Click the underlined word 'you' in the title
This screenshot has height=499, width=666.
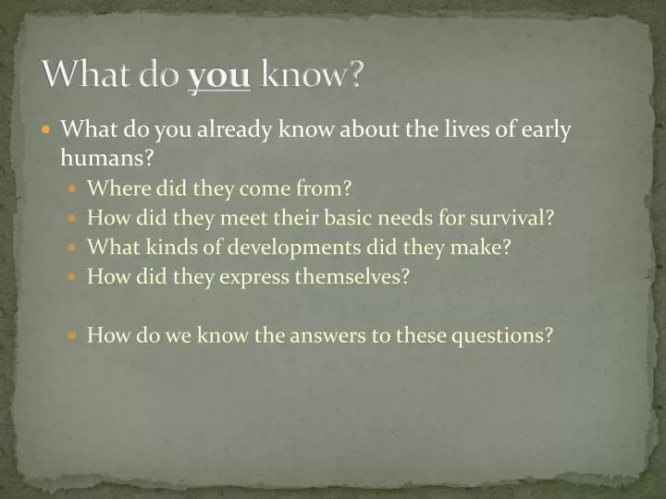click(219, 76)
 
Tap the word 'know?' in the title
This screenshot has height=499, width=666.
click(312, 76)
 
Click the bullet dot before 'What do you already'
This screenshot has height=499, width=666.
click(49, 130)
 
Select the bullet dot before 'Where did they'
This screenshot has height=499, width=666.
click(76, 189)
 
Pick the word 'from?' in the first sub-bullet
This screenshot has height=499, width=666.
click(327, 189)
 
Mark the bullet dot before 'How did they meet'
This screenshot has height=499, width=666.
click(76, 219)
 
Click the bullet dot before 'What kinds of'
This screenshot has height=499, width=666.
click(76, 249)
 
